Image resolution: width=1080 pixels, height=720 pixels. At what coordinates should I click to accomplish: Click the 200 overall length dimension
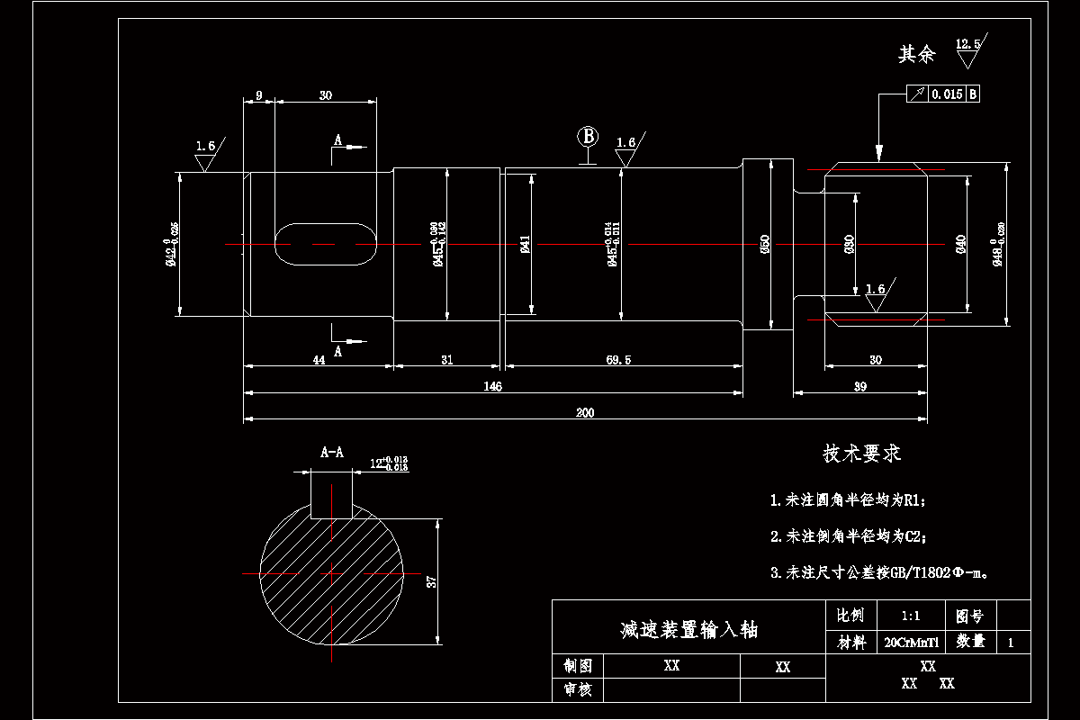(x=585, y=413)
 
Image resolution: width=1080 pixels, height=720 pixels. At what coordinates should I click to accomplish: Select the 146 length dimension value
(x=492, y=387)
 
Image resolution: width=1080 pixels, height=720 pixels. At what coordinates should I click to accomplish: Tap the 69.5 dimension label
(x=619, y=360)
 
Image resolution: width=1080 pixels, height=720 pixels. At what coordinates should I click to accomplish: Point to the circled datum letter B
(x=588, y=136)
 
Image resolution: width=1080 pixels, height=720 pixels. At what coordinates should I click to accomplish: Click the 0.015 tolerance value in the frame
(x=947, y=94)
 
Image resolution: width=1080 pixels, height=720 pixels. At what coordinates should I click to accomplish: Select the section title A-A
(x=332, y=453)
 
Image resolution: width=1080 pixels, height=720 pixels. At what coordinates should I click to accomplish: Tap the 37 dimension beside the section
(x=432, y=581)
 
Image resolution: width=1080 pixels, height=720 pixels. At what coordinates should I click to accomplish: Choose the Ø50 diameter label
(x=765, y=243)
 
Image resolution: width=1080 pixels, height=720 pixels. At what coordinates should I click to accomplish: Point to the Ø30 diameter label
(x=849, y=243)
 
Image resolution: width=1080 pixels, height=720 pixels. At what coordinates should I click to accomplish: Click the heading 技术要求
(x=861, y=454)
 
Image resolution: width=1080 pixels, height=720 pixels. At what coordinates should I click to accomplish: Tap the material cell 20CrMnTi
(x=912, y=643)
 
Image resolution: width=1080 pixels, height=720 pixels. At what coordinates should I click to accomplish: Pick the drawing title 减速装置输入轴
(x=688, y=629)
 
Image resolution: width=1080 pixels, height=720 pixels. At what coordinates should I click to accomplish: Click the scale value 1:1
(x=910, y=616)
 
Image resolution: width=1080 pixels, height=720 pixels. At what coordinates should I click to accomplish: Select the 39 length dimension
(x=859, y=386)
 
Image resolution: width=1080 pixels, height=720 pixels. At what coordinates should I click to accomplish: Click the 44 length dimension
(x=319, y=360)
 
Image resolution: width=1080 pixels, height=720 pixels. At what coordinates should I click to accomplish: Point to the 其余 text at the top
(x=917, y=55)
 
